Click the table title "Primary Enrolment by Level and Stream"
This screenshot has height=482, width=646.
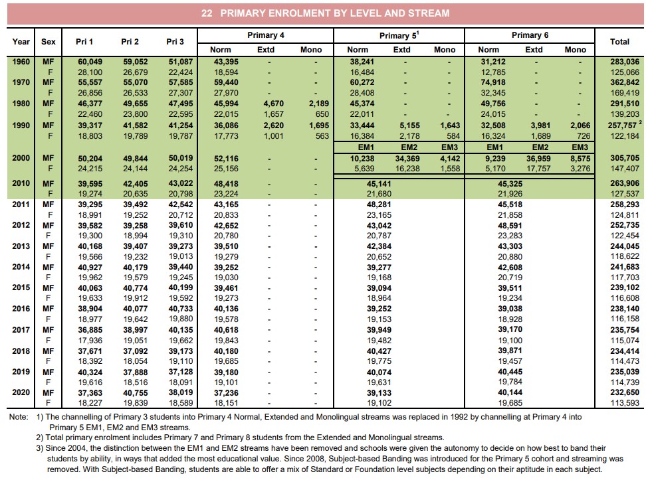(x=325, y=13)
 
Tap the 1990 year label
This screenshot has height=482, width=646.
(x=21, y=125)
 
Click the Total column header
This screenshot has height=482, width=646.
(x=619, y=41)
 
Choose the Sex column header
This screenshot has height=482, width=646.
(x=49, y=41)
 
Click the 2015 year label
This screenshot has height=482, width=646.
(x=21, y=288)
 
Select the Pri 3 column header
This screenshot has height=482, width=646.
(x=175, y=41)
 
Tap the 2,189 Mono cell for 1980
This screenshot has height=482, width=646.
(x=310, y=104)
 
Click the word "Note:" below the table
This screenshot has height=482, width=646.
(x=18, y=417)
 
